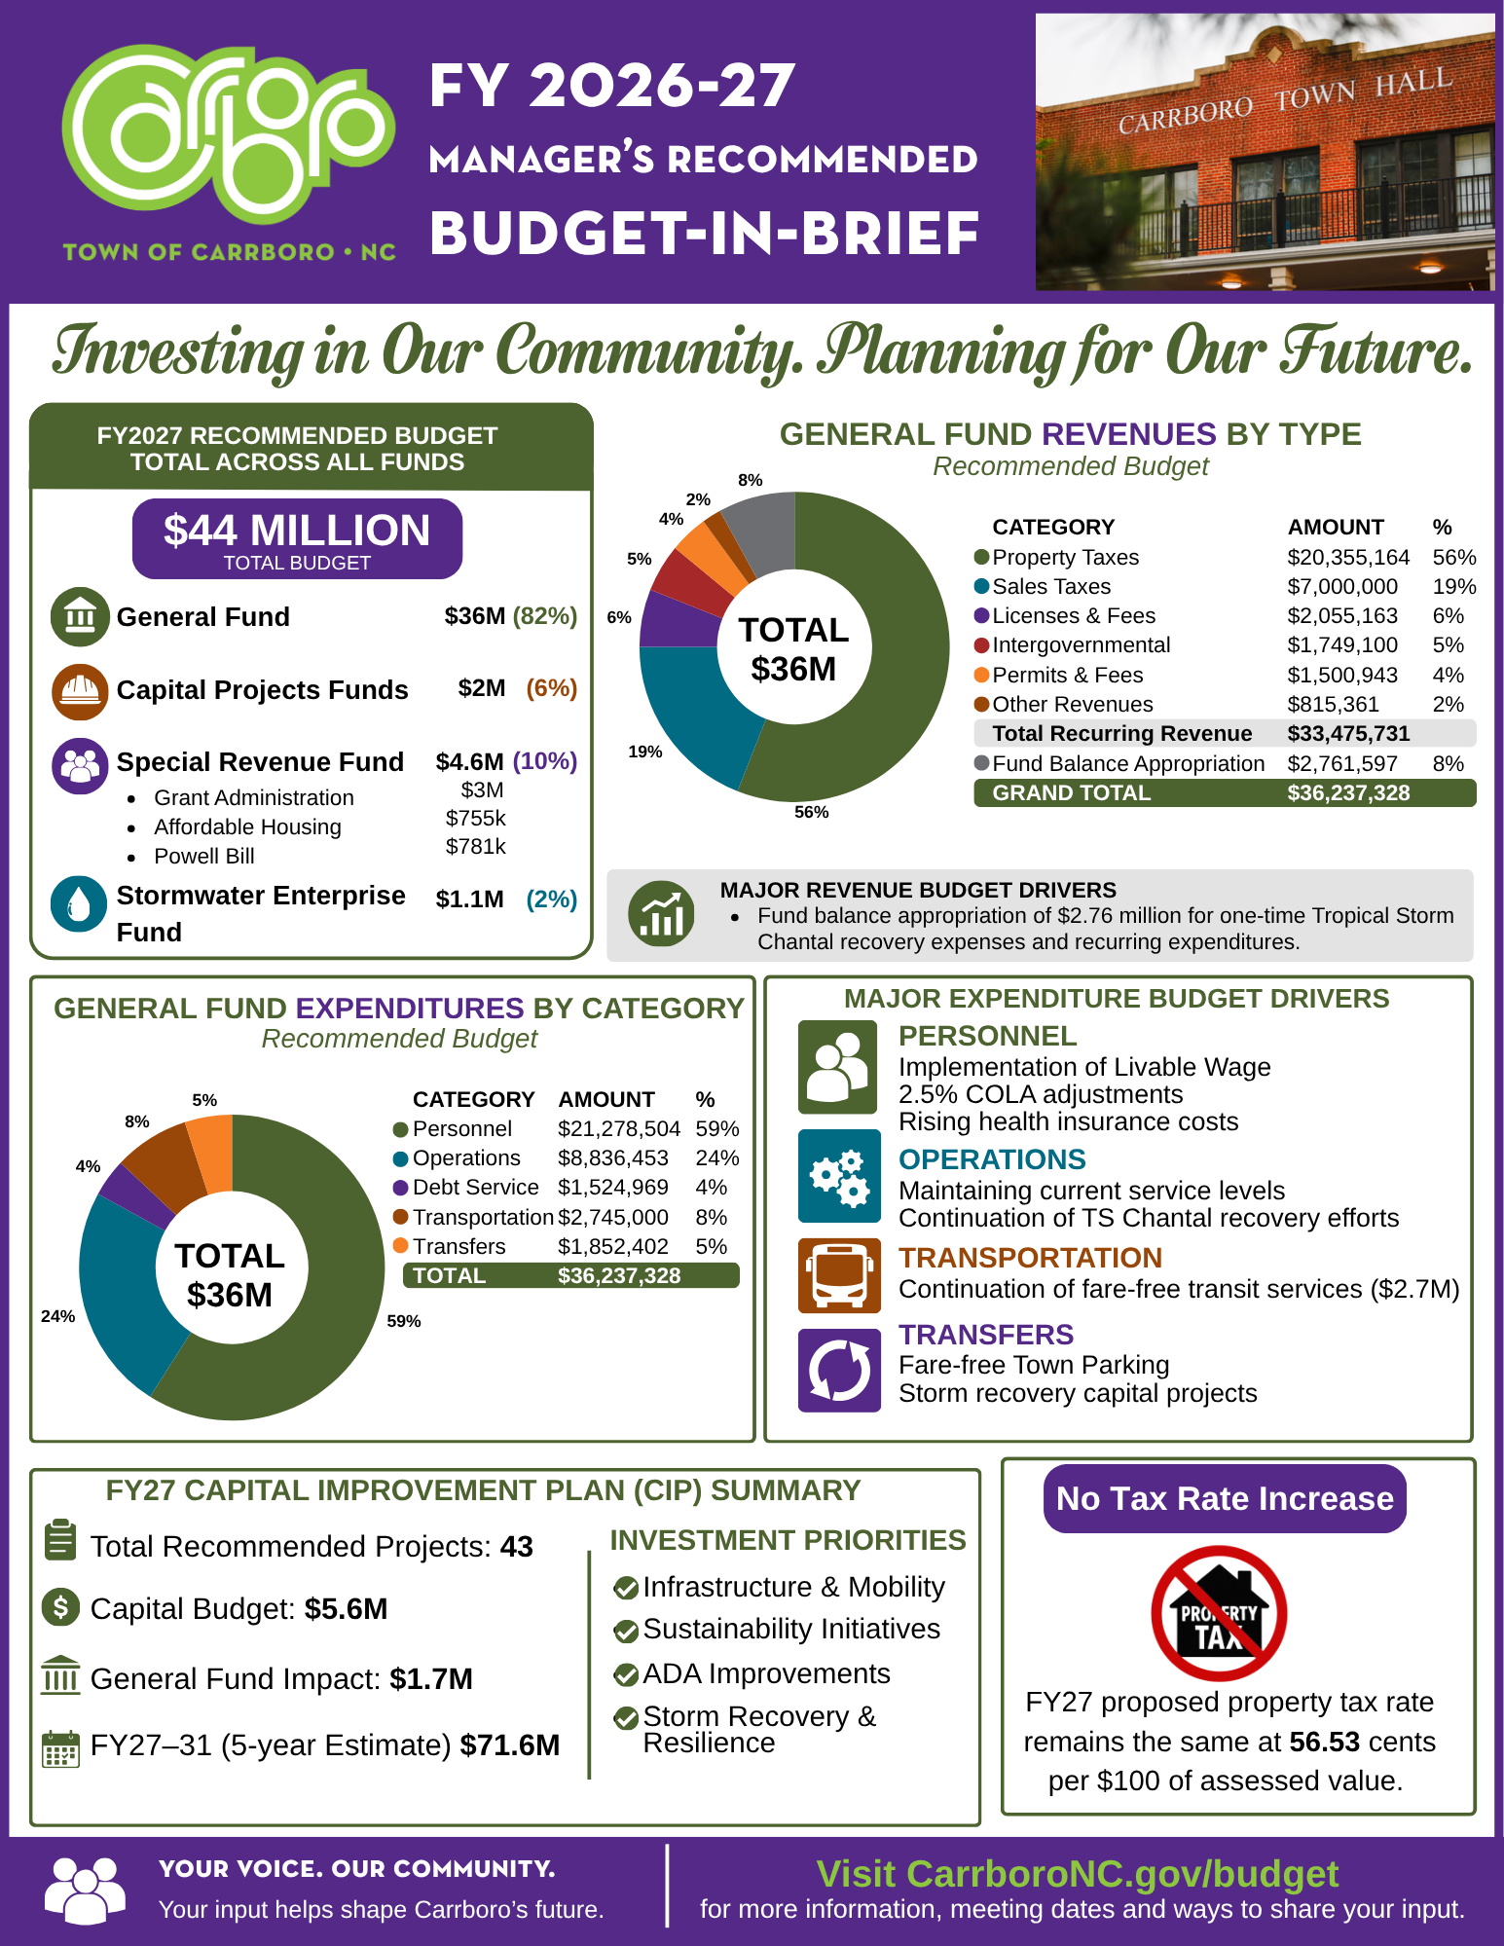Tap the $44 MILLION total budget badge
297,538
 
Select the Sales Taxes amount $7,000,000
1341,587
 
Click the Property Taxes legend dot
981,557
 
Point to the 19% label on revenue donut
644,752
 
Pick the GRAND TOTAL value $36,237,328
1348,793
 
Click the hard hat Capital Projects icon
80,691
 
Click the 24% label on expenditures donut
57,1316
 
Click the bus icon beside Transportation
839,1275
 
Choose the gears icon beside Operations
839,1176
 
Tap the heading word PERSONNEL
987,1036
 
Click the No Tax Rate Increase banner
1225,1499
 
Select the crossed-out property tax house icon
1219,1613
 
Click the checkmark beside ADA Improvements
626,1674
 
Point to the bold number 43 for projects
516,1547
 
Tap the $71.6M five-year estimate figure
510,1745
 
